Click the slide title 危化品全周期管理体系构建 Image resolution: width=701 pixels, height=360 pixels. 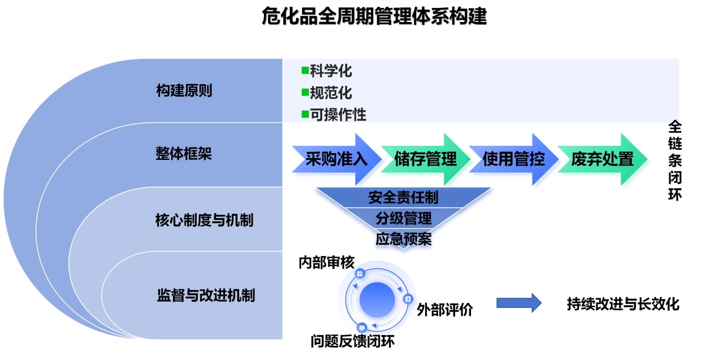point(374,16)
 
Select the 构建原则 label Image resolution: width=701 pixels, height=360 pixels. point(184,90)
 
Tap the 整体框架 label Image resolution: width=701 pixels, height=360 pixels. point(184,154)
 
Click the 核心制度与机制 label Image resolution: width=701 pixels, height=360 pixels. point(204,220)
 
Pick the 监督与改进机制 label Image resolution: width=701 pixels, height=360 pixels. point(205,295)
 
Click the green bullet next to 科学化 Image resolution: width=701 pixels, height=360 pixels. point(305,71)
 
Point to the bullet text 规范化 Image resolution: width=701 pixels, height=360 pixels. point(331,93)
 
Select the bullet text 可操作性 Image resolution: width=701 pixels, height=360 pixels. point(338,115)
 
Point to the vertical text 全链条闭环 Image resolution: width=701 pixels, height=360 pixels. point(675,160)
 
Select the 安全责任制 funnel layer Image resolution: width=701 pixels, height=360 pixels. point(403,197)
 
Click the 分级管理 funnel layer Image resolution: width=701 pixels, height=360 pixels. point(403,218)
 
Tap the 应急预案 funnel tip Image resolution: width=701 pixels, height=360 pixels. point(403,238)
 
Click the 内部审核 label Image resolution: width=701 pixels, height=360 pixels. point(326,263)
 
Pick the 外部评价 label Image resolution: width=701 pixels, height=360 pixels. point(444,310)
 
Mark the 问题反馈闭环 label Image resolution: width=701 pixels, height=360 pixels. point(352,341)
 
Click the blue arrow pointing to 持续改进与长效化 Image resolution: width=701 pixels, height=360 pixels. point(518,303)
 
